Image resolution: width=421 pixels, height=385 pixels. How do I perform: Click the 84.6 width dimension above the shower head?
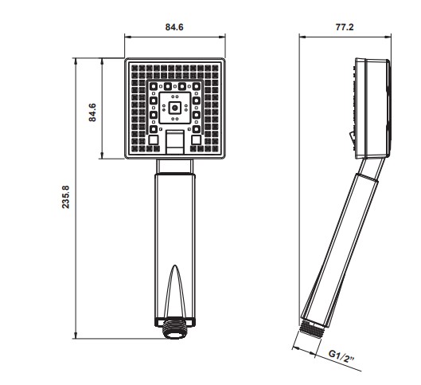click(x=174, y=27)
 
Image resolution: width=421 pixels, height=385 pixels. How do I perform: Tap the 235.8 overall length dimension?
click(x=65, y=198)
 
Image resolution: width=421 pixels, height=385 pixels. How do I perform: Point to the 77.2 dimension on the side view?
click(x=345, y=27)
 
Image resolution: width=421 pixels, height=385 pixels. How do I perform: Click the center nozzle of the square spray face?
click(x=174, y=104)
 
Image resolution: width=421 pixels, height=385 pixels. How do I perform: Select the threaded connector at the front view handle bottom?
click(x=174, y=328)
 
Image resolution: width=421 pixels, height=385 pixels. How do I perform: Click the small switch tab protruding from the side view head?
click(x=349, y=135)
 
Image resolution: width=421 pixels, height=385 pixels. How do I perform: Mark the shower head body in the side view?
click(x=370, y=108)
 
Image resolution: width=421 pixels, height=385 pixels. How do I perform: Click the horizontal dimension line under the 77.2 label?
click(x=345, y=37)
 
